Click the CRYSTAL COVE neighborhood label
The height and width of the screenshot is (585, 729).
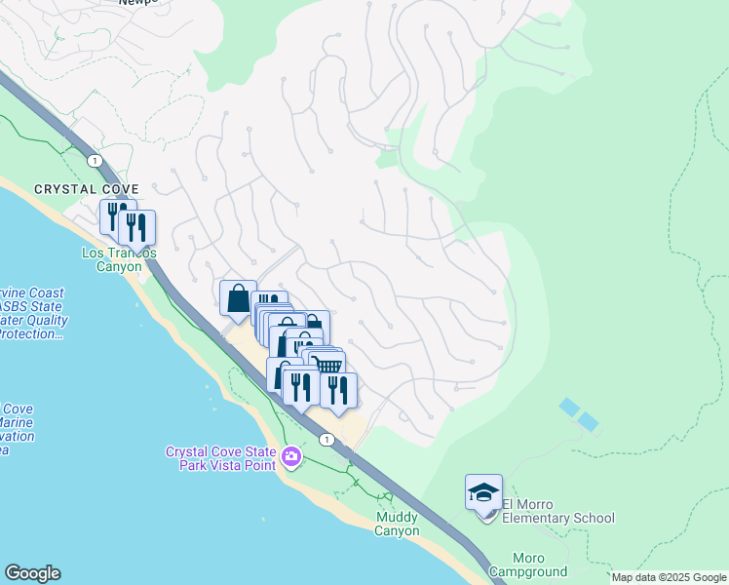coord(87,189)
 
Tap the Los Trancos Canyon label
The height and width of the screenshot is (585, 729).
coord(118,260)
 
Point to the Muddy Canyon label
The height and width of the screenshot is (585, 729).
coord(397,524)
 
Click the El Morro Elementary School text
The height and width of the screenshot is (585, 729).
coord(557,512)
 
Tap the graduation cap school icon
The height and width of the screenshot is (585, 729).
coord(483,492)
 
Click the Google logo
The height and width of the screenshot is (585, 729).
coord(32,573)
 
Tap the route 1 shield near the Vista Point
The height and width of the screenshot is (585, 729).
coord(326,440)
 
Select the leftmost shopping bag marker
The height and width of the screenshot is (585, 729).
coord(237,298)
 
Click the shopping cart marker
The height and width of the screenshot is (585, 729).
coord(328,366)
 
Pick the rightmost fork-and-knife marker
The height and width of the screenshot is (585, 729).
coord(338,390)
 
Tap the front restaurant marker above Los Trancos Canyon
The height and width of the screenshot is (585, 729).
coord(136,228)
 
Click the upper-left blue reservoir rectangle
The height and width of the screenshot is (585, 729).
coord(569,406)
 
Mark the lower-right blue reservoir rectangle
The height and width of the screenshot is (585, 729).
coord(588,421)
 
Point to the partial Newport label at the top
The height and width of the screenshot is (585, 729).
coord(137,3)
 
